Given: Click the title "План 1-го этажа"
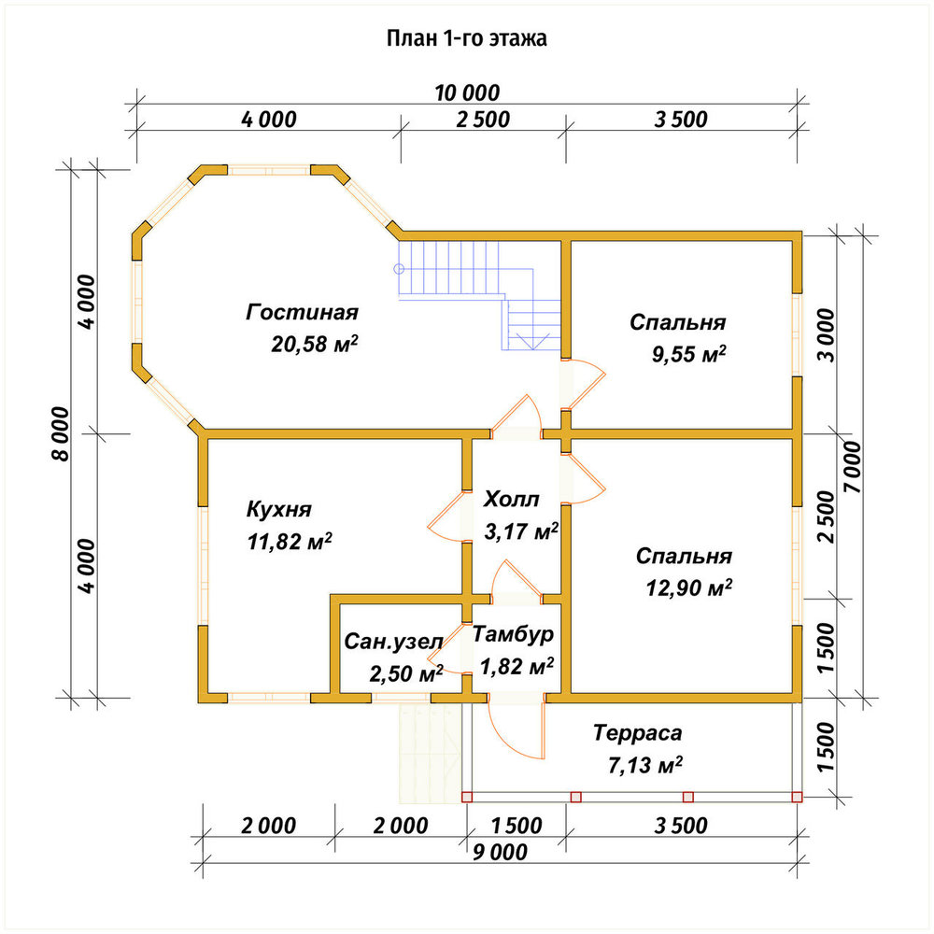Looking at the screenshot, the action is pyautogui.click(x=466, y=38).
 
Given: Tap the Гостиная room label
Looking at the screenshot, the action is pyautogui.click(x=302, y=313).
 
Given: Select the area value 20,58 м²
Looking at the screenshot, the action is pyautogui.click(x=315, y=344).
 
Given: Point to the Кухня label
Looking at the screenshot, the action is pyautogui.click(x=278, y=510).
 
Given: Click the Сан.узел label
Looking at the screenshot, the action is pyautogui.click(x=393, y=642).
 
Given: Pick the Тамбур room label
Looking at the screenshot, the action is pyautogui.click(x=513, y=634).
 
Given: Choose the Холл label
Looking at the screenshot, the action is pyautogui.click(x=511, y=499).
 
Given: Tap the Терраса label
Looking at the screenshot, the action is pyautogui.click(x=637, y=733).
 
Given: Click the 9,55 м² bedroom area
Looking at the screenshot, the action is pyautogui.click(x=688, y=354).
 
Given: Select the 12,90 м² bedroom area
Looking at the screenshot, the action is pyautogui.click(x=688, y=588).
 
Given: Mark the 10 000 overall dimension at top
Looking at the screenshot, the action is pyautogui.click(x=467, y=93).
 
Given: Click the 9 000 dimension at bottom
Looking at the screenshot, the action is pyautogui.click(x=501, y=853).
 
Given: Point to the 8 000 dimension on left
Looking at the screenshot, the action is pyautogui.click(x=60, y=433).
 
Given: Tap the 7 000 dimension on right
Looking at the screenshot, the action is pyautogui.click(x=853, y=466).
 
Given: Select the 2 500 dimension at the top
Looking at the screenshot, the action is pyautogui.click(x=483, y=120).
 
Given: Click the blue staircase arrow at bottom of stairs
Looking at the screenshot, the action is pyautogui.click(x=531, y=342).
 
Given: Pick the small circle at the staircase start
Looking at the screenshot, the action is pyautogui.click(x=399, y=269).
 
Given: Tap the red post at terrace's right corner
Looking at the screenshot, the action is pyautogui.click(x=797, y=797).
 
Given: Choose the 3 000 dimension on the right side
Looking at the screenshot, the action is pyautogui.click(x=827, y=335).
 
